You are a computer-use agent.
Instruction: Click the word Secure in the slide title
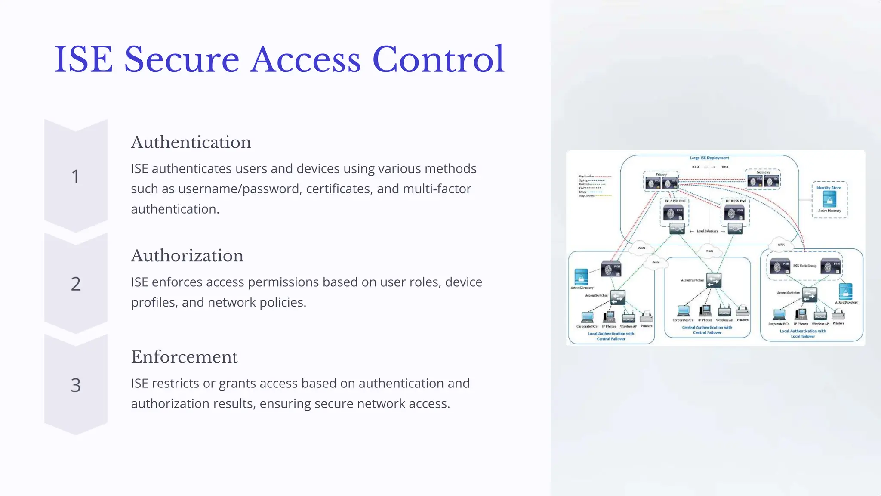tap(182, 59)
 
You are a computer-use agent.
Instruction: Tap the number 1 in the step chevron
tap(76, 177)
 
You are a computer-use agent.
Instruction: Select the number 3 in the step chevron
tap(76, 385)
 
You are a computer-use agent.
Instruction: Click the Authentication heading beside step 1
tap(191, 143)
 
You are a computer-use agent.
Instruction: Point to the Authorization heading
tap(187, 256)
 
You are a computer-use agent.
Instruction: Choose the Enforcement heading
tap(184, 357)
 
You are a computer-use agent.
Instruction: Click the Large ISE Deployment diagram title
tap(709, 158)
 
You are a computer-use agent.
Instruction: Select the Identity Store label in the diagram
tap(829, 188)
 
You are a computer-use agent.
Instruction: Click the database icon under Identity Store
tap(829, 199)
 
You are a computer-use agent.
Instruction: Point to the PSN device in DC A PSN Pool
tap(674, 213)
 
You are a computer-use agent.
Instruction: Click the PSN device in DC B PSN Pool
tap(734, 213)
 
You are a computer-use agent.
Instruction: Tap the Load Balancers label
tap(707, 231)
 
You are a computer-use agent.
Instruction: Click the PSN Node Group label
tap(804, 266)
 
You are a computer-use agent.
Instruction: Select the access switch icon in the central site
tap(713, 280)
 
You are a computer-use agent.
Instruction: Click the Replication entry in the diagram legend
tap(586, 177)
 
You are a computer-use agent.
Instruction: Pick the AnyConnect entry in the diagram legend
tap(587, 196)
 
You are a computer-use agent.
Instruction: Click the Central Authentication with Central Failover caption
tap(707, 330)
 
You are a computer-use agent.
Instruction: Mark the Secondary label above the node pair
tap(764, 172)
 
